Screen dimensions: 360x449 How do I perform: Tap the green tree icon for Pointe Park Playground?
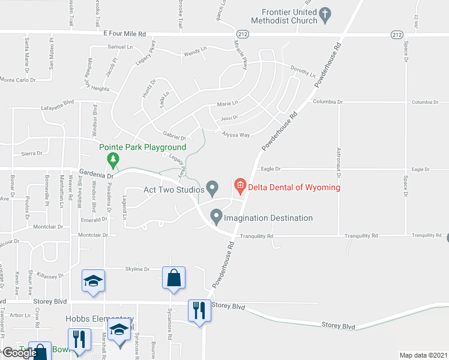[x=112, y=160]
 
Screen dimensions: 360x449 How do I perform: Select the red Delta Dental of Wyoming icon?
[x=240, y=187]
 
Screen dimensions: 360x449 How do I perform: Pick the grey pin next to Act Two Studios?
[x=212, y=189]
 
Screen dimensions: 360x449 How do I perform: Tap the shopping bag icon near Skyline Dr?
[x=173, y=278]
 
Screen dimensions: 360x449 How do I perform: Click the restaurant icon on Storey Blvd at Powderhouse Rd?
[x=199, y=311]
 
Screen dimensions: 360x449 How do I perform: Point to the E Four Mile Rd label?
[x=125, y=34]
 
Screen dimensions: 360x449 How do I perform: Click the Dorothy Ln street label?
[x=303, y=71]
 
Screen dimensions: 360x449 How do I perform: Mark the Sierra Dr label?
[x=32, y=154]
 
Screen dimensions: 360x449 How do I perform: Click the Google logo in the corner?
[x=20, y=353]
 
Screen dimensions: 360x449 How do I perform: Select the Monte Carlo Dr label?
[x=17, y=79]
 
